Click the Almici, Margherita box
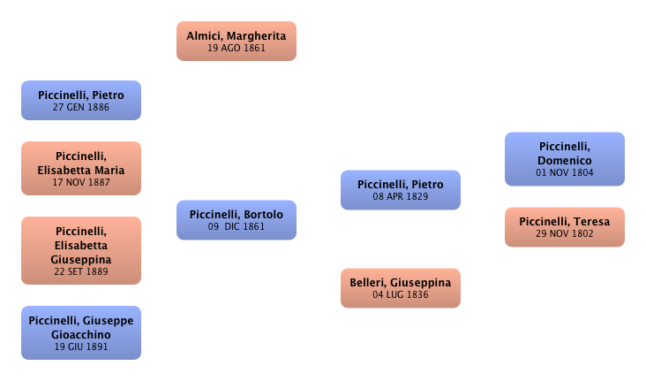[x=237, y=41]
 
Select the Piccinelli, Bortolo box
[x=237, y=220]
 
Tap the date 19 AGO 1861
[x=237, y=49]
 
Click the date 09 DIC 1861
[x=237, y=227]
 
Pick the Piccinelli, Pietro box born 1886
[x=80, y=100]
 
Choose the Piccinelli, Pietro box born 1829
[x=401, y=189]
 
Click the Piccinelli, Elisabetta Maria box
[x=80, y=169]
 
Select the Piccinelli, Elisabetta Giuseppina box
[x=80, y=250]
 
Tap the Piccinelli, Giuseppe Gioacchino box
[x=80, y=331]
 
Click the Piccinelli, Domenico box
[x=564, y=159]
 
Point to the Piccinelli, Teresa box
[x=564, y=227]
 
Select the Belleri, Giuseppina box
[x=401, y=288]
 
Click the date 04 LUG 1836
[x=401, y=295]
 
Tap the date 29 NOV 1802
[x=564, y=234]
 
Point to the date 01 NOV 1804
[x=564, y=173]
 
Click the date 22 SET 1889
[x=80, y=272]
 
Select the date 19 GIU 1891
[x=80, y=347]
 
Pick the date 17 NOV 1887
[x=80, y=184]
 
